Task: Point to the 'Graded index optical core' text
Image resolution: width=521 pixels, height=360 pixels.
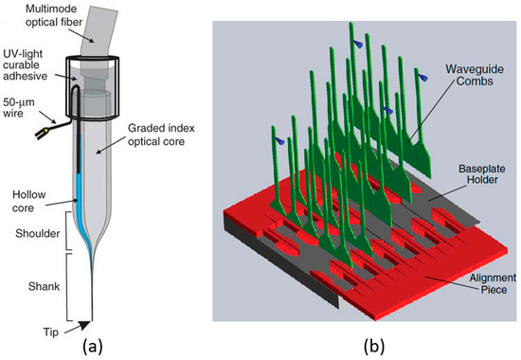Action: tap(154, 151)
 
